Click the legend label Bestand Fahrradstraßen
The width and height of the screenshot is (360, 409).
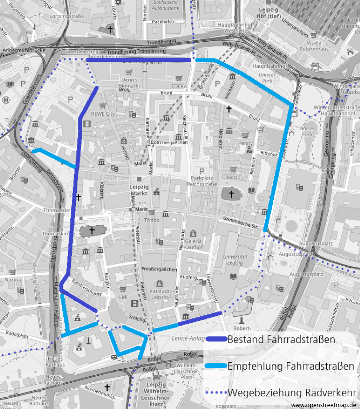(281, 339)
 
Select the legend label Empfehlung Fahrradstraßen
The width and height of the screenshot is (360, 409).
(291, 366)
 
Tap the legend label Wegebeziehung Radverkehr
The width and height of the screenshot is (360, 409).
(291, 393)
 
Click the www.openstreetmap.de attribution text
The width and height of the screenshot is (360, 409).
(323, 405)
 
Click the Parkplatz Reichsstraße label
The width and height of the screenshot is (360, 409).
(204, 181)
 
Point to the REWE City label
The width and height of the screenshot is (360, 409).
(103, 114)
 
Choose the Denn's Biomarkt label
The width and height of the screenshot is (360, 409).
(129, 83)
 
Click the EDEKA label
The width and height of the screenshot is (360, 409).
(179, 86)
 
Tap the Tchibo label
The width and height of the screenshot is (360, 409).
(152, 220)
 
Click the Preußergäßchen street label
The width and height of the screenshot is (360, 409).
(159, 269)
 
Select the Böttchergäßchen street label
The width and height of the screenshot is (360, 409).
(169, 142)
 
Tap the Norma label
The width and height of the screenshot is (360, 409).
(13, 280)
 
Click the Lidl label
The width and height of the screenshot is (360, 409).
(124, 297)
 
